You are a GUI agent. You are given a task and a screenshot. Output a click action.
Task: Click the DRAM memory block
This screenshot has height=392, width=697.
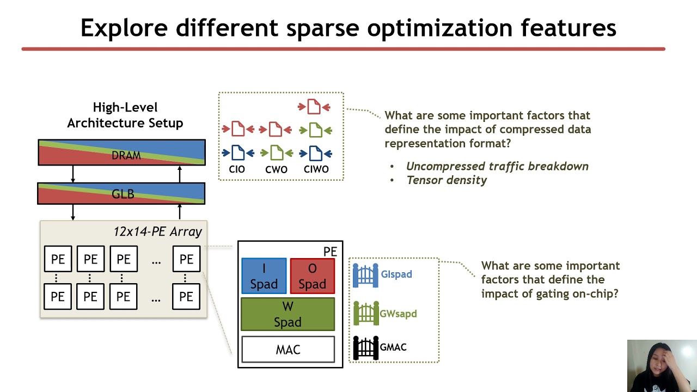point(121,152)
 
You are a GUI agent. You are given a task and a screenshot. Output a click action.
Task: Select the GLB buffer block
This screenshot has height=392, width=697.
point(121,194)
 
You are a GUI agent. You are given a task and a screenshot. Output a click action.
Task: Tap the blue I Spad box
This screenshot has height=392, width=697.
point(264,276)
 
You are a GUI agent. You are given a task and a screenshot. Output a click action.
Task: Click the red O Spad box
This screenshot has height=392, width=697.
point(313,276)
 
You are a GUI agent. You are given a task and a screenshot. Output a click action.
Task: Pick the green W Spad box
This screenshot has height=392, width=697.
point(288,314)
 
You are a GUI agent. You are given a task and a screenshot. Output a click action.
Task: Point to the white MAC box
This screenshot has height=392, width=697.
point(288,350)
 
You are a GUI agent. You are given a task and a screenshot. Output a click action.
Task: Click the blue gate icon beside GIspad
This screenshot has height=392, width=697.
point(365,275)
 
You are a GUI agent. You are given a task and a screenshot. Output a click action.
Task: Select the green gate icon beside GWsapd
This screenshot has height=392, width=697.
point(365,314)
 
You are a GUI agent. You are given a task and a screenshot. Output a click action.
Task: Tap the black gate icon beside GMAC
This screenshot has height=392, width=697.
point(365,347)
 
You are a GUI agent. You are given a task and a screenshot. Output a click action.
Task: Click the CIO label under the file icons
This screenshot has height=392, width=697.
point(237,169)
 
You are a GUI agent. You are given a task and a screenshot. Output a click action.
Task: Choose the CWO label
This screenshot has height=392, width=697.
point(276,169)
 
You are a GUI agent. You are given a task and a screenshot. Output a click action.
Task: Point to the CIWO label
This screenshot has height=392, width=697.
point(316,169)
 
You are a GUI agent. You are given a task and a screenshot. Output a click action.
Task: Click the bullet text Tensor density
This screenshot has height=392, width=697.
point(447,180)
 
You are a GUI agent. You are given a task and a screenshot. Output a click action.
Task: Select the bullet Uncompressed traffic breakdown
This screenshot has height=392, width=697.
point(497,166)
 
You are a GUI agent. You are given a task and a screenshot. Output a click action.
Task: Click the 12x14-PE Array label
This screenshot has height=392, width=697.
point(157,231)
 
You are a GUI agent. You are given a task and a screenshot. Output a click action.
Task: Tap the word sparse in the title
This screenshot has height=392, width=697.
point(325,28)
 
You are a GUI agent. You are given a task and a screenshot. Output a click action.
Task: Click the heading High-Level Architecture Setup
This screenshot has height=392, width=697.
point(125,115)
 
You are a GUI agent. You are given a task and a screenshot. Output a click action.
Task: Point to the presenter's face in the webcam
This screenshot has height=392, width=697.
point(661,362)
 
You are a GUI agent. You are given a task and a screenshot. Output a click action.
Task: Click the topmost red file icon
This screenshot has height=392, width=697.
point(314,107)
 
